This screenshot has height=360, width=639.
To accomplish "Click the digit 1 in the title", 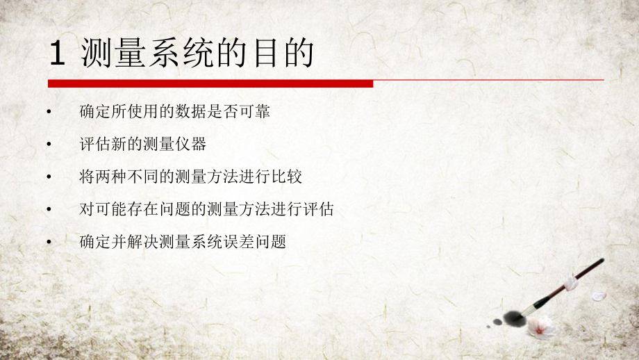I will pos(58,54).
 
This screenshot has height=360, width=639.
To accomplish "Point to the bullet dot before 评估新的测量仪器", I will pos(49,145).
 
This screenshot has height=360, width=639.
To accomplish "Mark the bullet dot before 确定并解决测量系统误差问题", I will pos(49,243).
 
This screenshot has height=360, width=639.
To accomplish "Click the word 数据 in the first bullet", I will pos(196,111).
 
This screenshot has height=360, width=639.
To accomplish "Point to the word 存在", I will pos(144,209).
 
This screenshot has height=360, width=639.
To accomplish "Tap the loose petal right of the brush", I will pos(599,295).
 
